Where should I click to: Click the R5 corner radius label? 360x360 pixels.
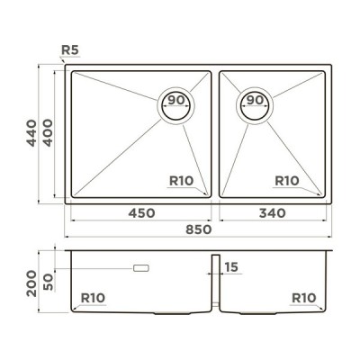click(70, 50)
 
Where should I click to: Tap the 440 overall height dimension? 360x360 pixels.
click(31, 133)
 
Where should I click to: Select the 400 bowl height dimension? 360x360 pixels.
click(48, 133)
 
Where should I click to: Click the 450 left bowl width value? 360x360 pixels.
click(141, 213)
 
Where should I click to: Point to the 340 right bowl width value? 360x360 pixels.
click(273, 213)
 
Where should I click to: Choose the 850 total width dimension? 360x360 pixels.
click(199, 229)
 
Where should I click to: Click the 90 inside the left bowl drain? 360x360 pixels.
click(176, 100)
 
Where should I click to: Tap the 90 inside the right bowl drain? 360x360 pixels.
click(255, 100)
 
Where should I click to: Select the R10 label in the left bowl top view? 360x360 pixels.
click(182, 181)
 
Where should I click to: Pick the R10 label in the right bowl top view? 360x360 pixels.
click(287, 181)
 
